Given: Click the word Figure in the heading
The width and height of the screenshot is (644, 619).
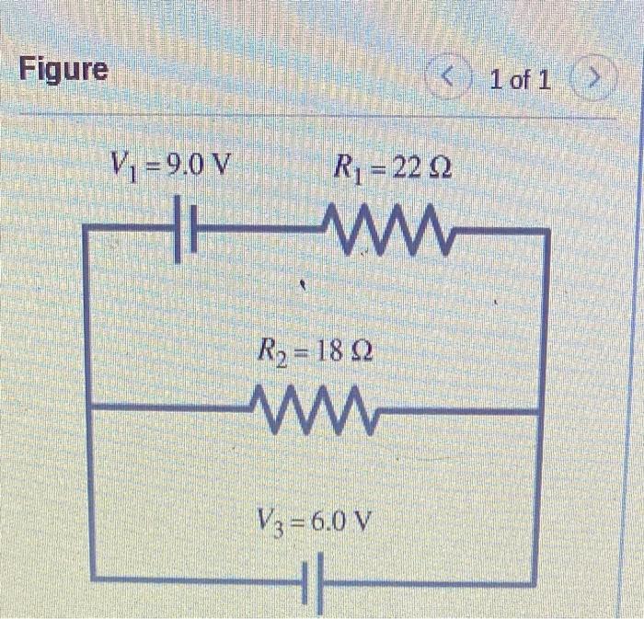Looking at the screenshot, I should coord(63,69).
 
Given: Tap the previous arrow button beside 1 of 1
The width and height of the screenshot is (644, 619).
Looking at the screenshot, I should coord(451,79).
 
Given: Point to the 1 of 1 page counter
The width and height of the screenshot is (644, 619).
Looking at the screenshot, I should coord(521,80).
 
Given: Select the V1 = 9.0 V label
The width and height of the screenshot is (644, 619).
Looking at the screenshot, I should coord(172,166).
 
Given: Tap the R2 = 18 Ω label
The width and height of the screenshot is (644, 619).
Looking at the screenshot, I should coord(316,351).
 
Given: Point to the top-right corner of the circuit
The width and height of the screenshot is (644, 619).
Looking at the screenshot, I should coord(548,232).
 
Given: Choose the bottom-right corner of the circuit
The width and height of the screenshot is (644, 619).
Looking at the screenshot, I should coord(535,582).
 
